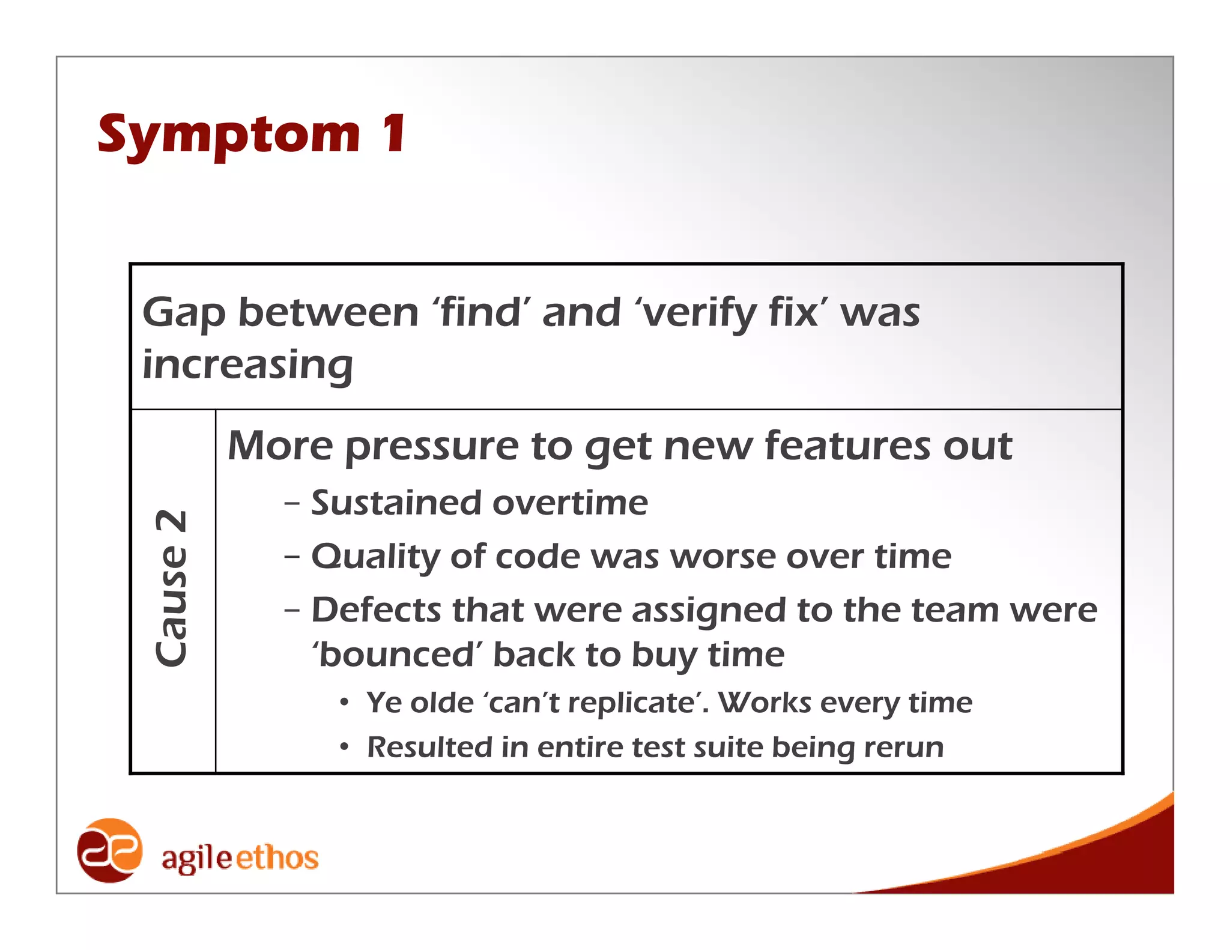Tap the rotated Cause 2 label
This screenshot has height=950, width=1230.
172,588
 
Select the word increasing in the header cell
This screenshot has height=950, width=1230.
247,366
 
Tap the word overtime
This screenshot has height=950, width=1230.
570,503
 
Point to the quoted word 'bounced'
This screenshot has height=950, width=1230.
396,655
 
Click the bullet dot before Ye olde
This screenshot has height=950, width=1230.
344,703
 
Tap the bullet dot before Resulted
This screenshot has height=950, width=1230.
344,748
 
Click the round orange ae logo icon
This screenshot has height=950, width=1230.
109,850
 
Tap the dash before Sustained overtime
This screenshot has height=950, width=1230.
292,504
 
